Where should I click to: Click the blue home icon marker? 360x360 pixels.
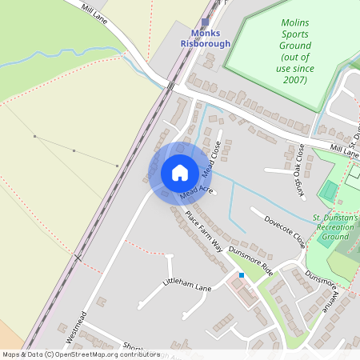180,173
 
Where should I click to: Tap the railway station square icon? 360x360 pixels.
205,22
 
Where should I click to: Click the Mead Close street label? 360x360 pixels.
211,160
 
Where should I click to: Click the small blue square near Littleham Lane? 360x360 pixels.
242,275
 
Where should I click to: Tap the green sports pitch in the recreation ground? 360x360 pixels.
328,191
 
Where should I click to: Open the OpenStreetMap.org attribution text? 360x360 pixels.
80,354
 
